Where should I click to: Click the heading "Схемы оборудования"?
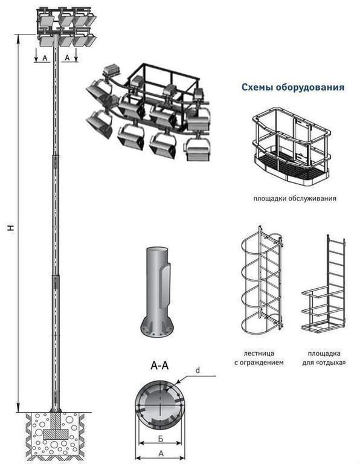click(x=293, y=87)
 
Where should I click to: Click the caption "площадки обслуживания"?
click(x=295, y=198)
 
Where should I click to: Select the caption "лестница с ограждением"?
click(x=259, y=358)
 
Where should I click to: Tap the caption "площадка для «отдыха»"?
click(x=324, y=358)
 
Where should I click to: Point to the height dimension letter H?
click(x=11, y=227)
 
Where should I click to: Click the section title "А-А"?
click(x=159, y=366)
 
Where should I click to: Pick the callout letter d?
click(x=198, y=370)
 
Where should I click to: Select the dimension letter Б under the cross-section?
click(x=160, y=439)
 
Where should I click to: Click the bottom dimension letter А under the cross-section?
click(x=161, y=453)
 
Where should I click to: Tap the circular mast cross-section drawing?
click(x=160, y=405)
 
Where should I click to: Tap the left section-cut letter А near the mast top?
click(x=45, y=58)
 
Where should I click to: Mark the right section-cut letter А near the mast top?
click(x=67, y=58)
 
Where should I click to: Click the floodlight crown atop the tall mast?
click(x=66, y=27)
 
